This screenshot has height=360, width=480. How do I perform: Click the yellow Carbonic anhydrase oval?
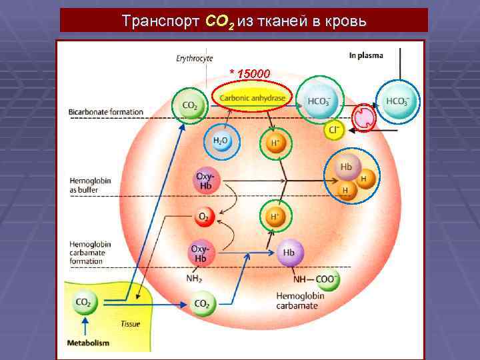(x=252, y=98)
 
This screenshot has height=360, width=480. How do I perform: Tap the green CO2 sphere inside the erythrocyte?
(x=189, y=105)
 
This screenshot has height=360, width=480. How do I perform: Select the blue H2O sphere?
(x=221, y=142)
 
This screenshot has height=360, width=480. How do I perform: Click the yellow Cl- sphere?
(x=333, y=129)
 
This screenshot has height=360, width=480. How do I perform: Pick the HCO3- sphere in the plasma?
(x=398, y=103)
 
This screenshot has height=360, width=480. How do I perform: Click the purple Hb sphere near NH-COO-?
(x=288, y=253)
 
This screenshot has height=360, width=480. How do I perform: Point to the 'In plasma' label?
(x=366, y=55)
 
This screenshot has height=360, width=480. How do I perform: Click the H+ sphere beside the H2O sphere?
(x=273, y=143)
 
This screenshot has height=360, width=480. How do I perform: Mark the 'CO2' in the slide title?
(x=218, y=21)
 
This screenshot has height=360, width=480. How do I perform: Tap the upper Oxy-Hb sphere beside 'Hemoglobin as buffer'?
(x=205, y=180)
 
